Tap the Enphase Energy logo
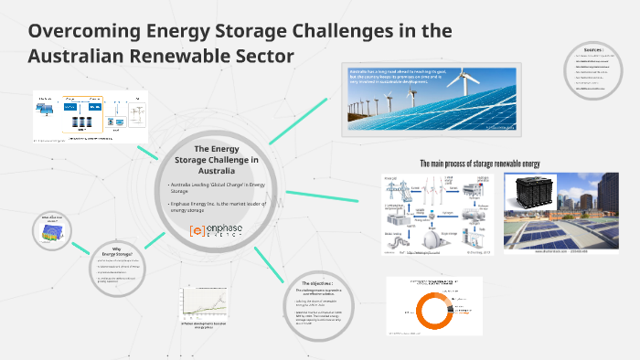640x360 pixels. coord(215,230)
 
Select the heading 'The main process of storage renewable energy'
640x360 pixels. coord(479,164)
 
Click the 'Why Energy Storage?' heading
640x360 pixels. coord(123,250)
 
